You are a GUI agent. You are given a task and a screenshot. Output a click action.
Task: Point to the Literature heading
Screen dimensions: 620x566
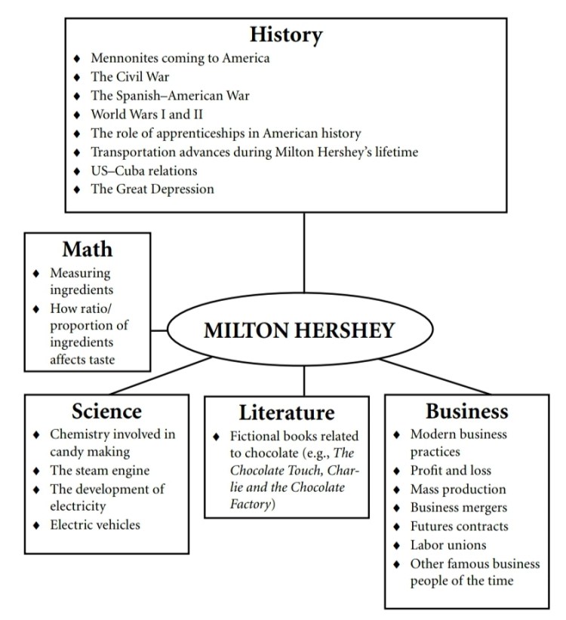(286, 413)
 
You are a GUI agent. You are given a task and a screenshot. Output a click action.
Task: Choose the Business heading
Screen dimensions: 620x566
(466, 411)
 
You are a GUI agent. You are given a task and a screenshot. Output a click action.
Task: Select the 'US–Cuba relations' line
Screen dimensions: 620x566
(144, 170)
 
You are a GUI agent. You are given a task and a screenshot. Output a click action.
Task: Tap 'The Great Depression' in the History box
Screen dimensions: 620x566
(152, 189)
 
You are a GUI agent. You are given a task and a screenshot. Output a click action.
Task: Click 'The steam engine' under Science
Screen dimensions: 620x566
(100, 471)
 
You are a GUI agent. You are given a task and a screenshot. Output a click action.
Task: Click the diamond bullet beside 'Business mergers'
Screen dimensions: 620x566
(397, 508)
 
